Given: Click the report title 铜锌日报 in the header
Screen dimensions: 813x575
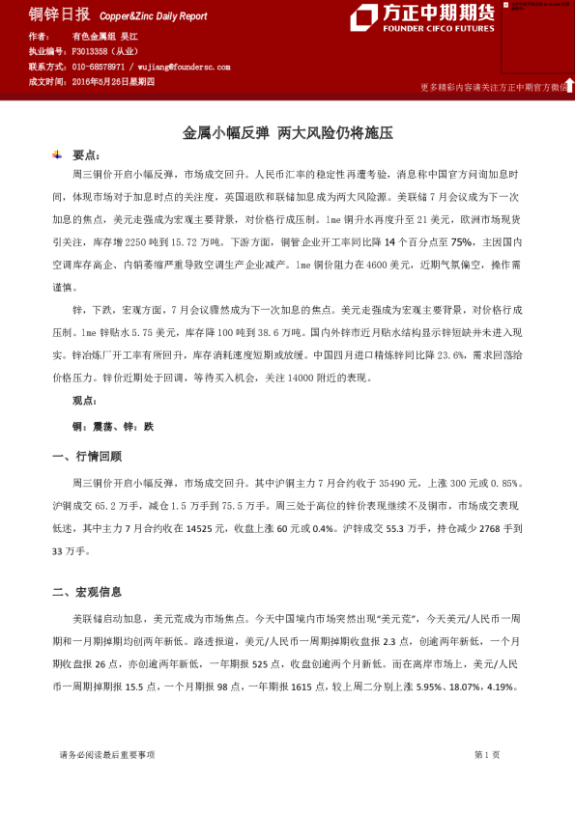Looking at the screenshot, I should [60, 14].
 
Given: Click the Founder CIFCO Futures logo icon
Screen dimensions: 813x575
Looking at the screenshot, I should [363, 17].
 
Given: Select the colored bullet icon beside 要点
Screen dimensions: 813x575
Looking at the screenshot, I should [59, 154].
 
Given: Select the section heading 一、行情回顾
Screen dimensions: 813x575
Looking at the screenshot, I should [87, 456].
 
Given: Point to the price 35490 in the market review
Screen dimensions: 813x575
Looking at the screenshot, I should [398, 482].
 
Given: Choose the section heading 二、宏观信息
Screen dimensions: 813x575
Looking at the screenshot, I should [87, 592].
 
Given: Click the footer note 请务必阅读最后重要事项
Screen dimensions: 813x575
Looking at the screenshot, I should [106, 755].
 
